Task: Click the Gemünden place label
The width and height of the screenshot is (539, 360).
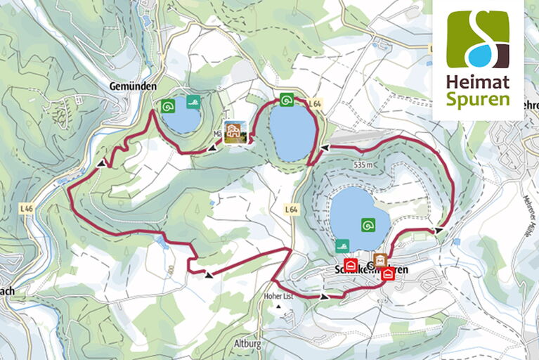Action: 131,85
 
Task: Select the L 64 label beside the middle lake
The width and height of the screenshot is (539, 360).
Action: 314,103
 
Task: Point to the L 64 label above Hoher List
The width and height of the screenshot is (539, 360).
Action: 292,210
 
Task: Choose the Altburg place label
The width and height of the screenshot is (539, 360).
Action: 247,344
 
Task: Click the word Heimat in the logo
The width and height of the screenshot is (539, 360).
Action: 477,81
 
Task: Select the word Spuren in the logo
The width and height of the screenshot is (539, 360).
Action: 477,98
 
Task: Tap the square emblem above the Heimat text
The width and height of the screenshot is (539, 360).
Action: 477,39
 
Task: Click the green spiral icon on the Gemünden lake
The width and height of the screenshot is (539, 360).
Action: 167,106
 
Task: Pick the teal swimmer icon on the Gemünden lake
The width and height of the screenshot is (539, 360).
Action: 192,103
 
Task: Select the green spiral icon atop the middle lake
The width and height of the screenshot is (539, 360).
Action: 286,99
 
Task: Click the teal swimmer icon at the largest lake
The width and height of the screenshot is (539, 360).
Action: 342,245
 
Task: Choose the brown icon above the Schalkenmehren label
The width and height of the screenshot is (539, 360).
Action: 380,259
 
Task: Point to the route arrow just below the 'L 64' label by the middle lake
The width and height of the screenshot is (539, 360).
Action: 324,148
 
